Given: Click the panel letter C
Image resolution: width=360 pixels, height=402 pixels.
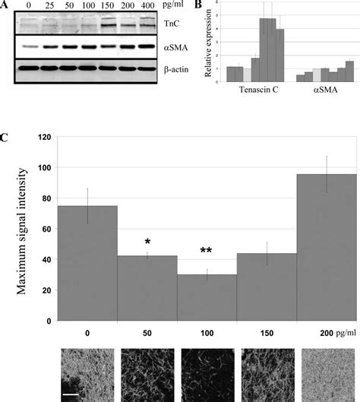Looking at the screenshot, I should (x=5, y=139).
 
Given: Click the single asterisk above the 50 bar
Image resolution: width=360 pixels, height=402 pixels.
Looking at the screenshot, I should (x=147, y=242).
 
